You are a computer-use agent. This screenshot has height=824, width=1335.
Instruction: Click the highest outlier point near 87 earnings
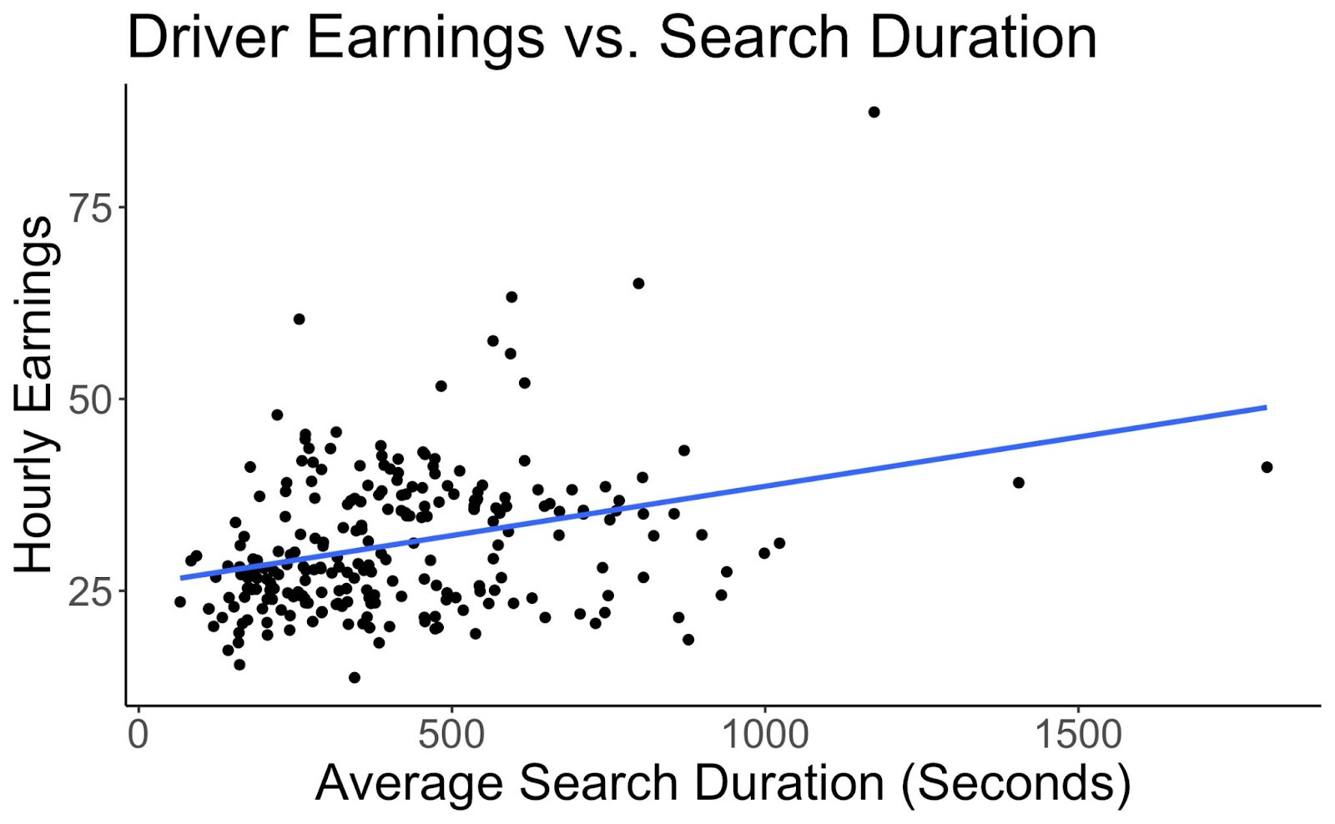tap(874, 112)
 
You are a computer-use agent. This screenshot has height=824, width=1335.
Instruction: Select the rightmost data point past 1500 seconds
tap(1267, 467)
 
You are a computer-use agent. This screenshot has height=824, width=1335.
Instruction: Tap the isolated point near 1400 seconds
tap(1018, 482)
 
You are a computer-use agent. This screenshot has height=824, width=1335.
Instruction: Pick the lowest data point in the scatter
tap(354, 677)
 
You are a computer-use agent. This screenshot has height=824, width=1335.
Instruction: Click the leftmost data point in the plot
tap(179, 601)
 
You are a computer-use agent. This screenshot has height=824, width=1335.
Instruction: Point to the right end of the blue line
tap(1266, 407)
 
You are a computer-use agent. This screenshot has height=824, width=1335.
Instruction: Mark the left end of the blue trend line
tap(181, 577)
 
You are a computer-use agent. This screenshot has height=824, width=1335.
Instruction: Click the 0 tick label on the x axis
tap(138, 736)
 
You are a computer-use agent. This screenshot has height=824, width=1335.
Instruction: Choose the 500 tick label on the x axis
tap(451, 736)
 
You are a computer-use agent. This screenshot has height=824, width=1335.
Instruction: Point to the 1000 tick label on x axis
tap(764, 736)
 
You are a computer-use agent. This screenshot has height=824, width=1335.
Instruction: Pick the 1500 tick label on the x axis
tap(1078, 736)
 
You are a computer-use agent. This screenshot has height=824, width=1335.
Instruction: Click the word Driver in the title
tap(208, 38)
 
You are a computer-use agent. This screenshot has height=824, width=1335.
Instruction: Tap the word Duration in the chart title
tap(984, 38)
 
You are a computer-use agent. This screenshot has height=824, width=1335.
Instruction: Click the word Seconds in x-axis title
tap(1016, 784)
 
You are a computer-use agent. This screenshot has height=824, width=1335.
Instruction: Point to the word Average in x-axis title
tap(409, 784)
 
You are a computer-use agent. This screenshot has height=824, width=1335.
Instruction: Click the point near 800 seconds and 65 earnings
tap(638, 284)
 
